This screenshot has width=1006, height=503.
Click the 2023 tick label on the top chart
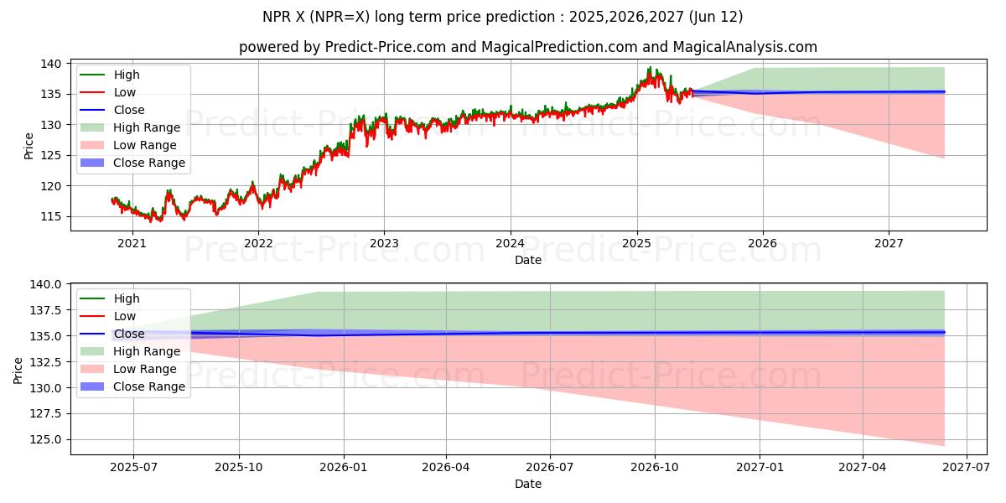(x=384, y=244)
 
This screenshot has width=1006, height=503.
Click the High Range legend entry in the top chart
(x=147, y=127)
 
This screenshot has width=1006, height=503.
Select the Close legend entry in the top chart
(x=129, y=110)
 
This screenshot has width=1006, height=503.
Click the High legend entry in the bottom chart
(x=127, y=298)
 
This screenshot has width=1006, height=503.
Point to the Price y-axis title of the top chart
(x=29, y=146)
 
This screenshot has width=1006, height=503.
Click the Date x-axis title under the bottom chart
(x=528, y=484)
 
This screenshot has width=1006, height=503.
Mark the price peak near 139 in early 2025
(x=650, y=68)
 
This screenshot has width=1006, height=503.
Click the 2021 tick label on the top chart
(x=132, y=244)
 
